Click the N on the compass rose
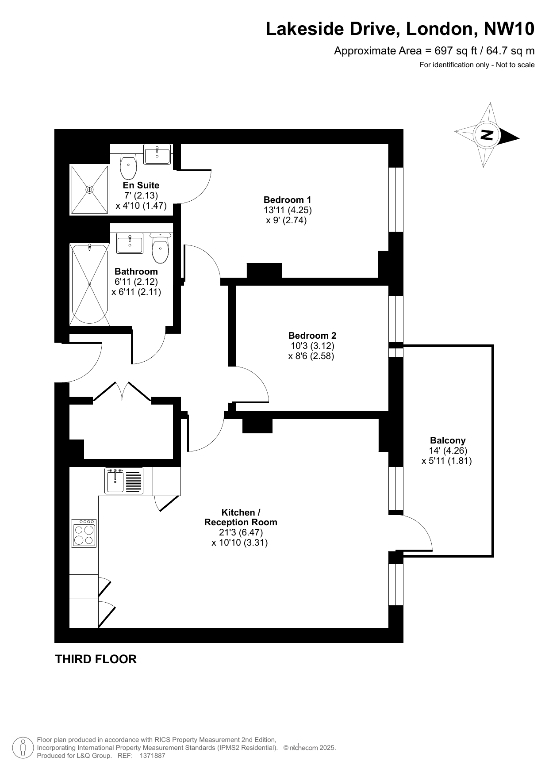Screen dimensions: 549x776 click(487, 134)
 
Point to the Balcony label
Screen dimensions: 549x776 click(448, 440)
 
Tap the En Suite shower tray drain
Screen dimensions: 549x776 click(90, 190)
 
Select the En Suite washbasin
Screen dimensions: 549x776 click(157, 155)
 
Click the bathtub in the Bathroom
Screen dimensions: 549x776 click(89, 284)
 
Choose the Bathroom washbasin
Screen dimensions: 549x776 click(130, 244)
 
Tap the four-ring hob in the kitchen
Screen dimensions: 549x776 click(84, 533)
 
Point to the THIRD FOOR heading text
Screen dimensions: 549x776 click(96, 659)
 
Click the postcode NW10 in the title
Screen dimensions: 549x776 click(509, 29)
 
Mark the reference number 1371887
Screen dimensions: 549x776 click(152, 756)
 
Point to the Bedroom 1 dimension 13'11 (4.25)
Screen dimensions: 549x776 click(288, 210)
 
